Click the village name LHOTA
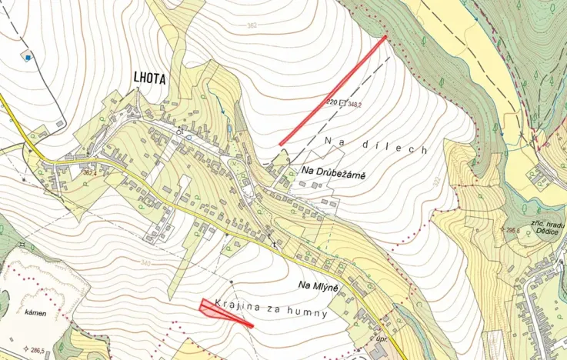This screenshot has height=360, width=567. (x=149, y=78)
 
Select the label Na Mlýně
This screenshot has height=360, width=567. (x=319, y=285)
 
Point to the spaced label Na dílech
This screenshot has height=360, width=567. (x=375, y=144)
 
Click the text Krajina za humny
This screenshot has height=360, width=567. (x=272, y=308)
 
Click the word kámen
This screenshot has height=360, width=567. (x=35, y=313)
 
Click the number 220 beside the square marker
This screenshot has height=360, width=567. (x=332, y=102)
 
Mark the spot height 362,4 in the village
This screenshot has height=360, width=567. (x=90, y=173)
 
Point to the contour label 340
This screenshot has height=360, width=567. (x=145, y=263)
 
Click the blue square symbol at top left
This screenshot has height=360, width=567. (x=28, y=57)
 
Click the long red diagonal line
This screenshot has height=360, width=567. (x=332, y=90)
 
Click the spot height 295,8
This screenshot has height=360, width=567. (x=512, y=230)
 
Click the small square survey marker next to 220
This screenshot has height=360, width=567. (x=343, y=102)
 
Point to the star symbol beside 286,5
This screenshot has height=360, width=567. (x=26, y=349)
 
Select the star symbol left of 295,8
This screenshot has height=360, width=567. (x=501, y=229)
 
